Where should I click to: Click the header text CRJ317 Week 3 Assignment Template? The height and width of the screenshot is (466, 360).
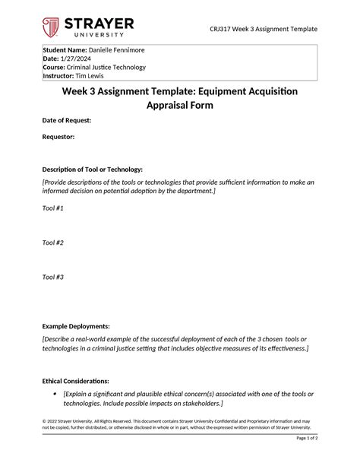(264, 29)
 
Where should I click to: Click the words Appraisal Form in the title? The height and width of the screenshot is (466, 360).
(180, 106)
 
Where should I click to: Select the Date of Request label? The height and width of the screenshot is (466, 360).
(67, 120)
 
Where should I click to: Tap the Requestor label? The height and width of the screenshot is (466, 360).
(58, 137)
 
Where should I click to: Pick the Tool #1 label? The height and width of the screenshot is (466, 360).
(53, 208)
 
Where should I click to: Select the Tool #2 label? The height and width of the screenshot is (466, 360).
(53, 243)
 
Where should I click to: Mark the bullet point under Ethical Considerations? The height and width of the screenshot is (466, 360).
(55, 394)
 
